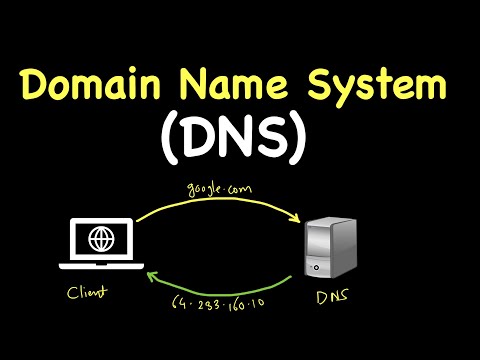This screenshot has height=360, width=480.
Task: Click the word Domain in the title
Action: [96, 86]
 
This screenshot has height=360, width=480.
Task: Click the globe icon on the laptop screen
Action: [101, 241]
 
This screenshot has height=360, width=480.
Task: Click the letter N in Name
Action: [199, 86]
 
